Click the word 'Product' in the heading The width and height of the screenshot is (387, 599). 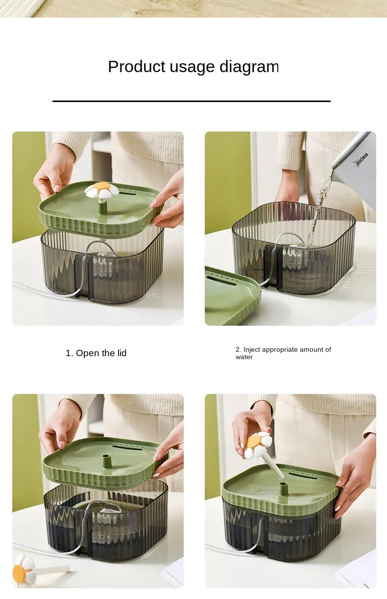[x=137, y=67]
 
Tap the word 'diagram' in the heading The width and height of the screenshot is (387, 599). [x=249, y=67]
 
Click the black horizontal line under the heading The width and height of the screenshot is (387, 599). [x=192, y=101]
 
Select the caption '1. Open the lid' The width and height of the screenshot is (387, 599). [x=96, y=353]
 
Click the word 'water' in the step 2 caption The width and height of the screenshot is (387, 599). [x=244, y=357]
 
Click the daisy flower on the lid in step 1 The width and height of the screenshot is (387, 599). [x=101, y=190]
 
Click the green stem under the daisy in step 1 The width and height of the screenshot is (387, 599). [x=103, y=206]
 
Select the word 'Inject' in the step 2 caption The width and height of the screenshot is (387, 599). [x=252, y=350]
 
